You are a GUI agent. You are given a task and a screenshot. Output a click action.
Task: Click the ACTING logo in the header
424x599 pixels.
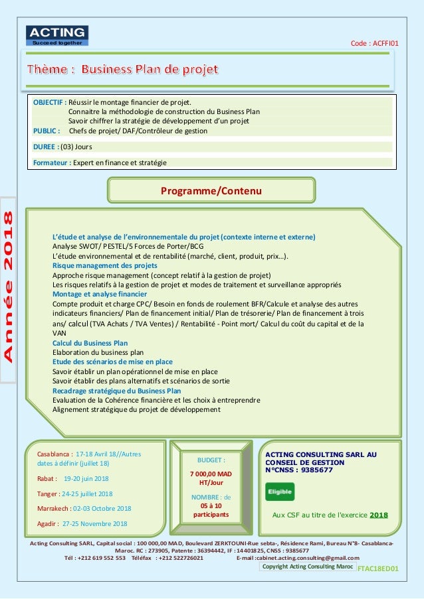(56, 35)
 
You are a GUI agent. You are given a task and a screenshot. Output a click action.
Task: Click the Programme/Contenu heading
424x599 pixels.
(212, 191)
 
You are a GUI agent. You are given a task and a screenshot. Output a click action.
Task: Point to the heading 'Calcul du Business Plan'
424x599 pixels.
(90, 343)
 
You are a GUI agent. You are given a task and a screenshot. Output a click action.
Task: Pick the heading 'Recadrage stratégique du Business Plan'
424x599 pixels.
(116, 391)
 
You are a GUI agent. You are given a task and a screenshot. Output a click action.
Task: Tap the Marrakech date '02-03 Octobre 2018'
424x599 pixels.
(102, 509)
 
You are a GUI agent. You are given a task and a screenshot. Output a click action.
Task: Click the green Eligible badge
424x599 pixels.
(280, 492)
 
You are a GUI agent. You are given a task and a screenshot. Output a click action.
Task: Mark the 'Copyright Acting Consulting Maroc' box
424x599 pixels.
(307, 567)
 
